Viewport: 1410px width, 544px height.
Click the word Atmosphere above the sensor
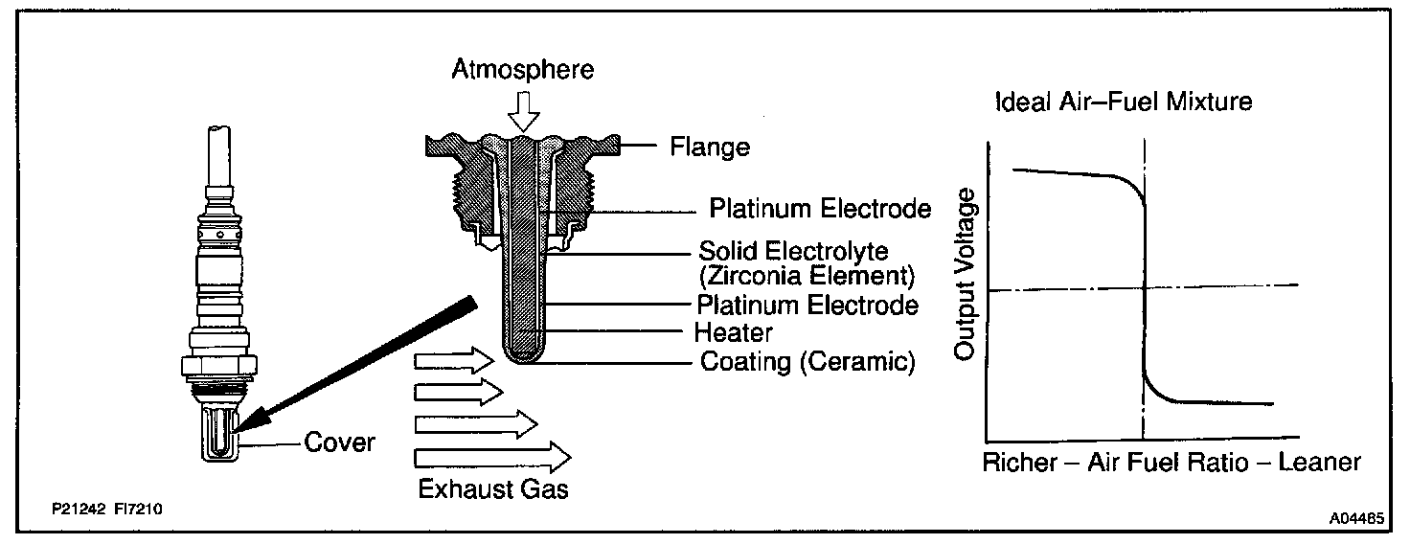click(x=524, y=70)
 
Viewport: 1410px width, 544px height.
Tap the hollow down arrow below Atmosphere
click(x=523, y=110)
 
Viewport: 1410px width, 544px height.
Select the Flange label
click(x=710, y=147)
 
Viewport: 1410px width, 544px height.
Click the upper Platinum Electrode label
click(x=821, y=209)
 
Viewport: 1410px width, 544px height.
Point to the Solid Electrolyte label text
click(x=794, y=253)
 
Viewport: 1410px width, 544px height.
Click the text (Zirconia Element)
click(x=807, y=279)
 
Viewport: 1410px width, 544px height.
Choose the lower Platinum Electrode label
click(x=807, y=306)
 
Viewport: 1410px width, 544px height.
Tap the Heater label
click(x=734, y=333)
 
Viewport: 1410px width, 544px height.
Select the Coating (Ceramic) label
click(x=807, y=362)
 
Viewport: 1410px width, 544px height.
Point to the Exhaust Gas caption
click(x=493, y=489)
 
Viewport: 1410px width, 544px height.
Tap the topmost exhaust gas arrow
click(x=452, y=361)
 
